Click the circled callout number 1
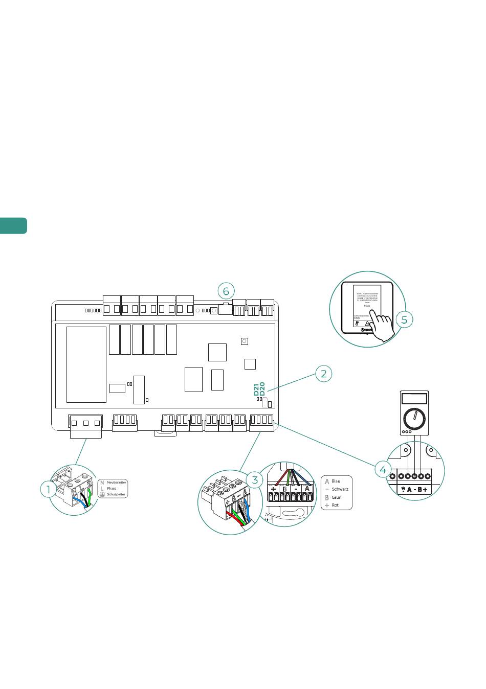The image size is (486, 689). pos(49,489)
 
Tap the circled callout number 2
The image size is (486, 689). pos(323,374)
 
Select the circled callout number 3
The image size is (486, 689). pos(255,479)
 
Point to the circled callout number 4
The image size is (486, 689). pos(383,468)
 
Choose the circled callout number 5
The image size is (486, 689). pos(404,319)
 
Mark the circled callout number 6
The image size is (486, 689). pos(226,291)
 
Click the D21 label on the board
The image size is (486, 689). pos(257,390)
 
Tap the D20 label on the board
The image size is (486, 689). pos(262,389)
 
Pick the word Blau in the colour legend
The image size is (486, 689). pos(336,481)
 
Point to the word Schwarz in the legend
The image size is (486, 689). pos(340,489)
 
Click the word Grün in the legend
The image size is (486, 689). pos(337,497)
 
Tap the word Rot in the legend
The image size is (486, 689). pos(335,505)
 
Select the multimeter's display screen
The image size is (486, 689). pos(414,398)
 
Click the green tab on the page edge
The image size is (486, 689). pos(13,226)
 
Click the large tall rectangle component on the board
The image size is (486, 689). pos(86,364)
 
